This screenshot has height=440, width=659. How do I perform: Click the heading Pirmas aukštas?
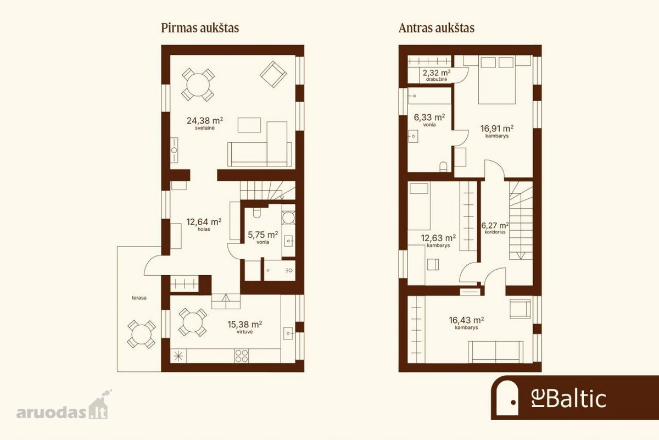[200, 28]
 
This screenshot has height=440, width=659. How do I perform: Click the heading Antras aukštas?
[436, 28]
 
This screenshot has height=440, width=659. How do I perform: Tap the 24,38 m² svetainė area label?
[205, 123]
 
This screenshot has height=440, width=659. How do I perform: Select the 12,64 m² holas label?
[204, 224]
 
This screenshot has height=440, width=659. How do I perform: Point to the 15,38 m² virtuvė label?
[245, 327]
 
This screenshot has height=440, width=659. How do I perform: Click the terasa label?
[139, 298]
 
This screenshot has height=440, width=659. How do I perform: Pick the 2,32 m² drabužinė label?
[437, 75]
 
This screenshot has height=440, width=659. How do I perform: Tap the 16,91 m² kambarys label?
[497, 131]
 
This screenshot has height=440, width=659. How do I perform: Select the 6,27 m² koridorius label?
[495, 228]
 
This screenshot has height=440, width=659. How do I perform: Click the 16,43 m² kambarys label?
[466, 322]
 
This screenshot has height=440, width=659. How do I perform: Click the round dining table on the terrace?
[142, 335]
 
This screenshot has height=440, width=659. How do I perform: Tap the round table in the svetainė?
[198, 85]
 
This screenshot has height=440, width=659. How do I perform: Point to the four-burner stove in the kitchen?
[241, 356]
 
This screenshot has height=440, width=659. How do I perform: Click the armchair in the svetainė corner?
[273, 74]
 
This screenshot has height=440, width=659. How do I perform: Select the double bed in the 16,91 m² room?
[497, 80]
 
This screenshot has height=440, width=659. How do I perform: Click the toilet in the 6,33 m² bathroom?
[443, 167]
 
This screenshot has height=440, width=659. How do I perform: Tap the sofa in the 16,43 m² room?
[496, 352]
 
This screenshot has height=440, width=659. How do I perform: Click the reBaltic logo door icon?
[507, 398]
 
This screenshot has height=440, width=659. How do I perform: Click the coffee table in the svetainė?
[249, 125]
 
